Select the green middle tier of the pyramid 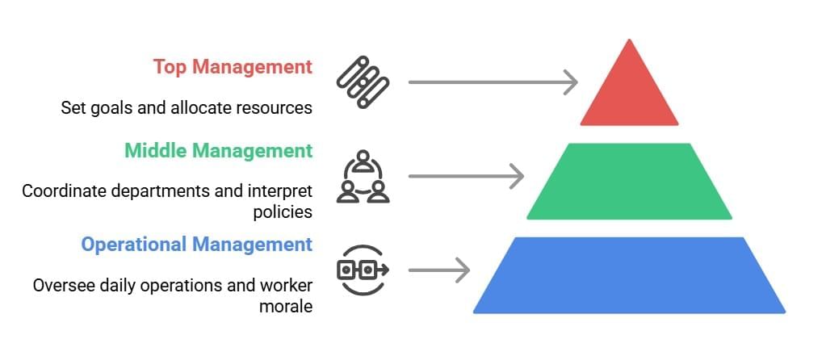point(630,181)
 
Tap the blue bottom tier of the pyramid point(630,275)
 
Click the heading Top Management point(233,66)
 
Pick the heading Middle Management point(218,150)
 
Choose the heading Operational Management point(196,244)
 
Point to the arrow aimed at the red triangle point(493,82)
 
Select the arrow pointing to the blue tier point(438,270)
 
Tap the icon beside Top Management point(363,82)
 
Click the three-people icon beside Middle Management point(363,176)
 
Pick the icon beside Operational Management point(363,270)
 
